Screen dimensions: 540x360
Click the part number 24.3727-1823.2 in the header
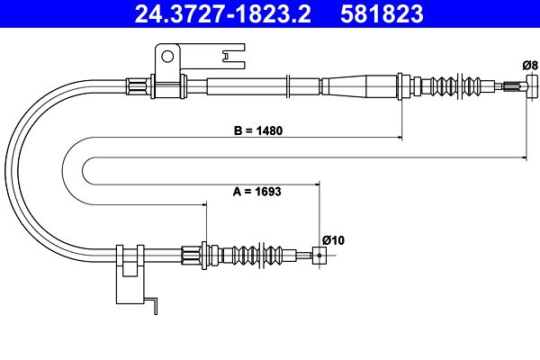point(222,14)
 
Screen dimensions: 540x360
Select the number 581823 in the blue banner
point(382,14)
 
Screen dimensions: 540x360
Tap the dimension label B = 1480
point(258,130)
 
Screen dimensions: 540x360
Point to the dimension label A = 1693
point(256,191)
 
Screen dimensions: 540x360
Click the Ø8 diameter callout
point(530,65)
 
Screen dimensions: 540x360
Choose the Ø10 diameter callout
point(333,240)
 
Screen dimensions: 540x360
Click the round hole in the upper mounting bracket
point(167,57)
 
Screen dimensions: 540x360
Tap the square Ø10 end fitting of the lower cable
point(319,256)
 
